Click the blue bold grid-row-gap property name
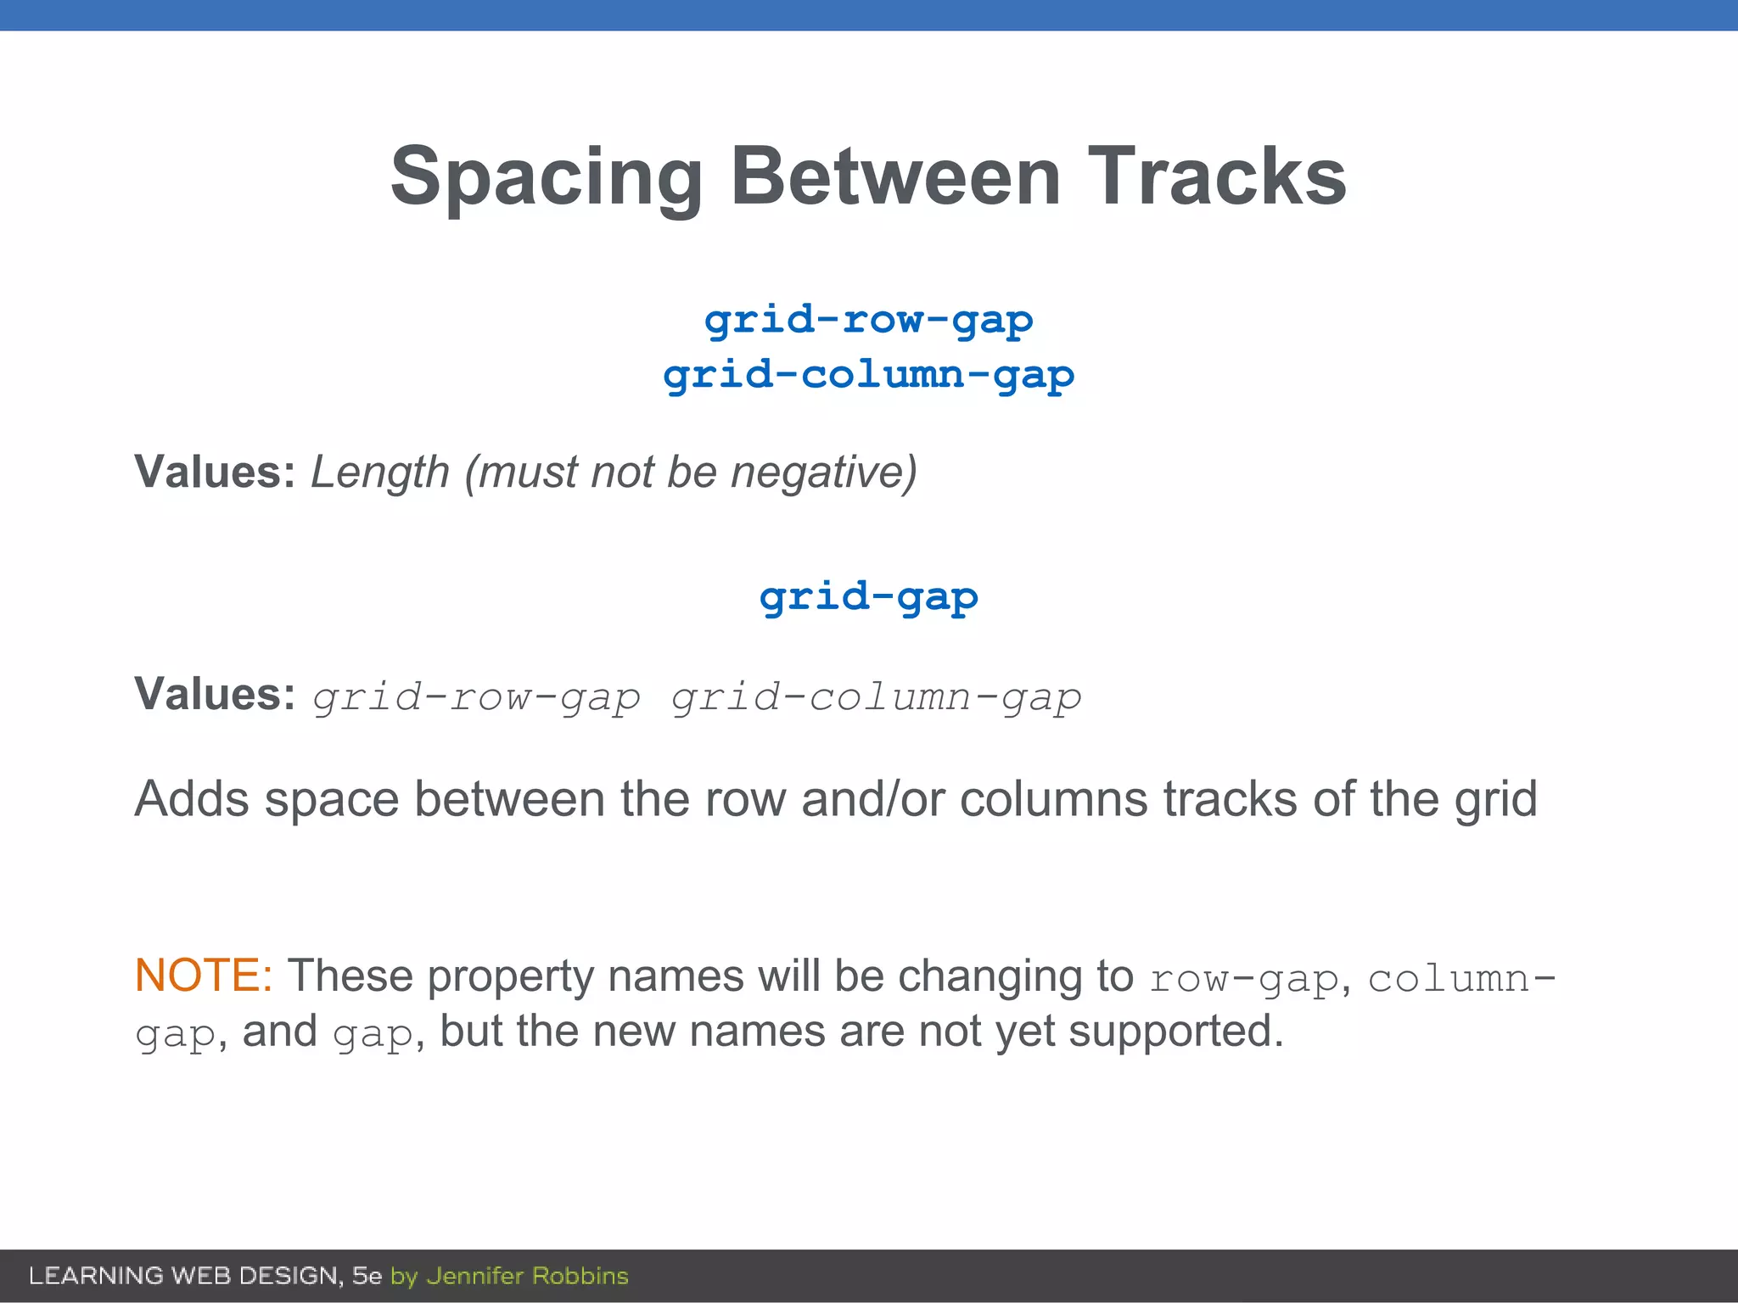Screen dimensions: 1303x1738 [x=868, y=321]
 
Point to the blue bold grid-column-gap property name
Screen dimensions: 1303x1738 [x=868, y=376]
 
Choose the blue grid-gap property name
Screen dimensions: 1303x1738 [x=868, y=598]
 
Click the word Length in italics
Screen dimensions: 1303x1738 [x=379, y=473]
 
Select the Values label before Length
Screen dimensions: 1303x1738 [x=215, y=473]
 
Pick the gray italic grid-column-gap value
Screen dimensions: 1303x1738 [x=877, y=697]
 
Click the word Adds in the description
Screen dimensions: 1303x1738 [x=192, y=799]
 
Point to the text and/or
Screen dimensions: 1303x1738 [x=872, y=799]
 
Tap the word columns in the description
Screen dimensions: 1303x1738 [x=1053, y=799]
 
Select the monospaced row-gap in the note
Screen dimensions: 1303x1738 [x=1243, y=978]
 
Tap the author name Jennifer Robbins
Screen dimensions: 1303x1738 [x=527, y=1276]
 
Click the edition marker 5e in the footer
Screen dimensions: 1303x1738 [x=367, y=1276]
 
